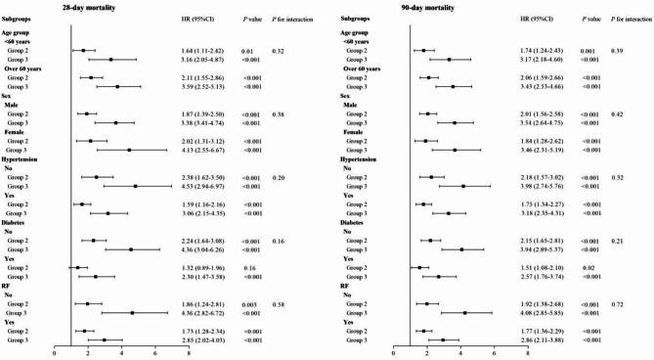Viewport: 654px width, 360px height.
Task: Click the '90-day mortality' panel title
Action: point(413,7)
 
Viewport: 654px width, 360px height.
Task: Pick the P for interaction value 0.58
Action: point(290,303)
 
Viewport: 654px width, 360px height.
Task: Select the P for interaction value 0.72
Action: point(618,303)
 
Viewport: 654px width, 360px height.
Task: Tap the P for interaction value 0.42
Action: point(618,113)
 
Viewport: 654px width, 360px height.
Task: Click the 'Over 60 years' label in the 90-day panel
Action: point(363,67)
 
